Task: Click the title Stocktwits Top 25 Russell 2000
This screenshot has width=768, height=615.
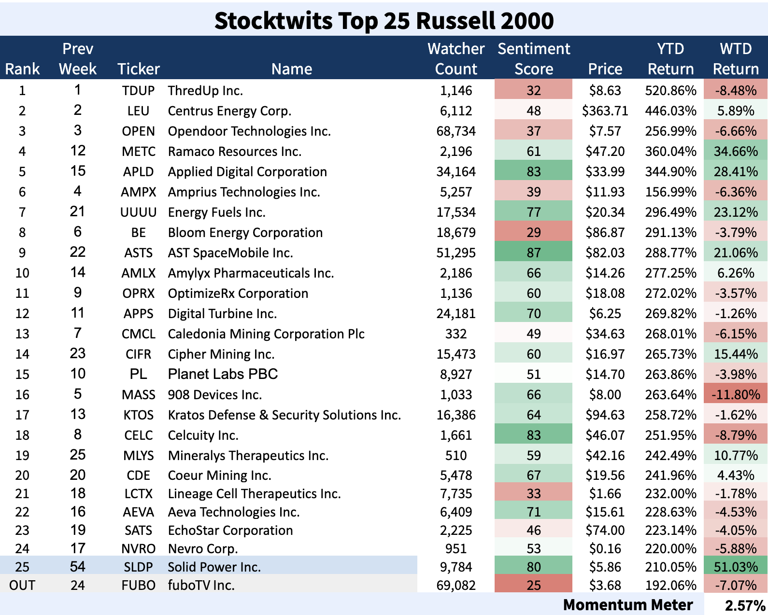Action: click(384, 21)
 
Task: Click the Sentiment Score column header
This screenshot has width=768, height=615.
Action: click(534, 59)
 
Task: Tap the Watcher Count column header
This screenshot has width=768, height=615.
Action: click(455, 59)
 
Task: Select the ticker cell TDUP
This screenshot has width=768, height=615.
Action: click(138, 91)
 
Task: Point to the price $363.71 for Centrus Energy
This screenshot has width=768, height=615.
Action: click(605, 111)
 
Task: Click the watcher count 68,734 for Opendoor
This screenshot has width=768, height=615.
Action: click(455, 131)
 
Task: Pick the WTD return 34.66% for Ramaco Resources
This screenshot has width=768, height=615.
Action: click(735, 152)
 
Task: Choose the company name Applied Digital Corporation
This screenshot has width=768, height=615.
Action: click(247, 172)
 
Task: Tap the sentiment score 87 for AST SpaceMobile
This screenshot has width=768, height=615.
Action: click(533, 253)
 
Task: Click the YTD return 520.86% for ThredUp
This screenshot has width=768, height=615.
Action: click(670, 91)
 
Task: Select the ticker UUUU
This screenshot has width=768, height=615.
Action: click(138, 212)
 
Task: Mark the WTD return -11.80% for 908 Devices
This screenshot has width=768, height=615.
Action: click(735, 395)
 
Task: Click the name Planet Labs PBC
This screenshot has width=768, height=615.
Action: click(223, 374)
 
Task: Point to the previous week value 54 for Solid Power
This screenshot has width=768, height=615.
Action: click(77, 567)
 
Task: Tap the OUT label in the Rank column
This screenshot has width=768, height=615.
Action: click(22, 586)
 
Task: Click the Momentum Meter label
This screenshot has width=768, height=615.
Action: click(628, 605)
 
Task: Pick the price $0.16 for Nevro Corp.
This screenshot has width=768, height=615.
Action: click(605, 549)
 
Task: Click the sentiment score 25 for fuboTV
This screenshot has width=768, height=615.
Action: click(533, 586)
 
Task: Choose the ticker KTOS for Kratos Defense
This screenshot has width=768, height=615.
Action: click(138, 415)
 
